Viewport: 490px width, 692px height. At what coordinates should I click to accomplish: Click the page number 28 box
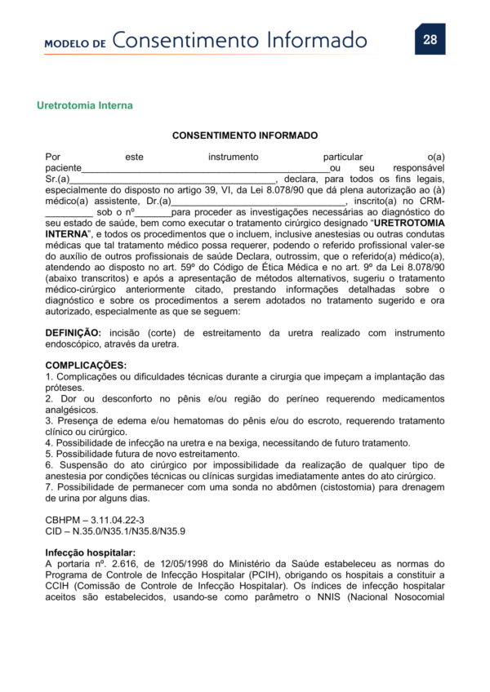[x=430, y=39]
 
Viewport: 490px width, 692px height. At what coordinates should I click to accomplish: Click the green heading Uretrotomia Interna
[x=85, y=106]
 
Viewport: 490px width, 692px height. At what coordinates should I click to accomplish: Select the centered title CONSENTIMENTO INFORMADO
[x=245, y=135]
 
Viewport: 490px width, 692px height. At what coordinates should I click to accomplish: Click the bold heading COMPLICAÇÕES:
[x=86, y=365]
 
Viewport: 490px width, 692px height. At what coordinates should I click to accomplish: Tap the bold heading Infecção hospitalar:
[x=90, y=552]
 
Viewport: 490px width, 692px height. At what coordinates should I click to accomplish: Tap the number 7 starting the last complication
[x=48, y=488]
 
